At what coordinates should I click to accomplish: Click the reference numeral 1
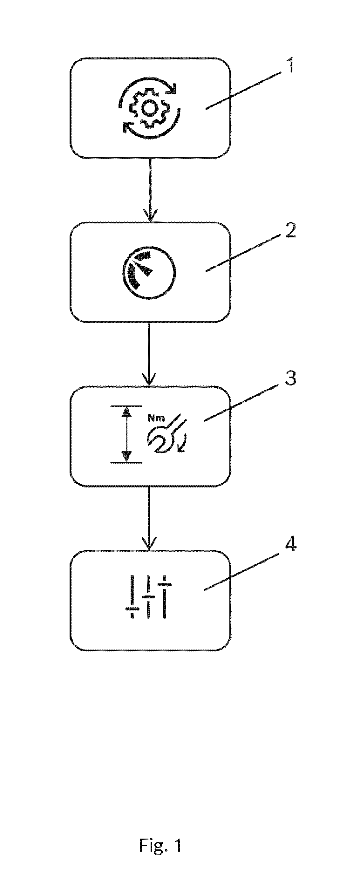click(x=291, y=65)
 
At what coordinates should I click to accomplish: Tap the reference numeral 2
click(x=290, y=230)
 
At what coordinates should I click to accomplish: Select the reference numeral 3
click(x=290, y=378)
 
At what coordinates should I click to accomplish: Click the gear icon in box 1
click(x=148, y=108)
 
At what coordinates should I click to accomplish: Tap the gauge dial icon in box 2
click(x=149, y=273)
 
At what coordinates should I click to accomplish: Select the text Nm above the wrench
click(x=156, y=418)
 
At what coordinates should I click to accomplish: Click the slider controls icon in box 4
click(x=148, y=598)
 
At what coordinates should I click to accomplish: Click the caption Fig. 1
click(x=160, y=845)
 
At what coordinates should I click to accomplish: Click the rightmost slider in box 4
click(x=165, y=597)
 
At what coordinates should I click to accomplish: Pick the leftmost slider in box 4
click(x=132, y=597)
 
